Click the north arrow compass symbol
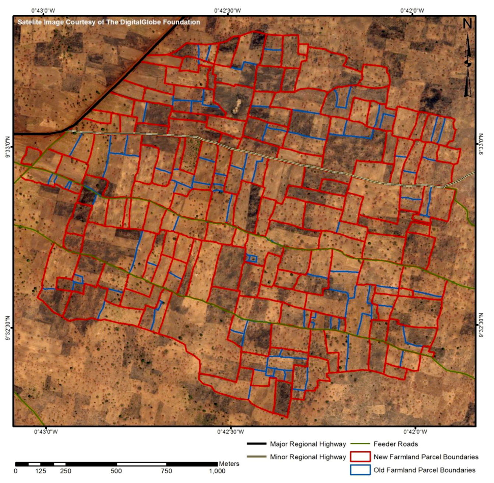[x=467, y=64]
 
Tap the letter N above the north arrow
[x=467, y=24]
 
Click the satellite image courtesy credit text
[x=109, y=22]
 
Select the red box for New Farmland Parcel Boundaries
[x=360, y=457]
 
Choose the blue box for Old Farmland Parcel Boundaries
[x=360, y=470]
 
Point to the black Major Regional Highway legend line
[x=257, y=444]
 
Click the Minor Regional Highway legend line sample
[x=257, y=457]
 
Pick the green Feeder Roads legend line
[x=360, y=444]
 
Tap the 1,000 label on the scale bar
[x=217, y=471]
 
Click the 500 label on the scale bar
[x=116, y=471]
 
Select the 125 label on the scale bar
[x=40, y=471]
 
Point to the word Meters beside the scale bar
[x=229, y=464]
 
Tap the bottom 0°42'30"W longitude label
[x=230, y=431]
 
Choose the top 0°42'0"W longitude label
[x=412, y=10]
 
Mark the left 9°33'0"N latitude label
[x=8, y=147]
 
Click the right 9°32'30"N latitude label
[x=482, y=325]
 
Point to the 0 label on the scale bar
[x=15, y=471]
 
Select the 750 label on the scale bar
[x=166, y=471]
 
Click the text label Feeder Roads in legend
[x=396, y=444]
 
